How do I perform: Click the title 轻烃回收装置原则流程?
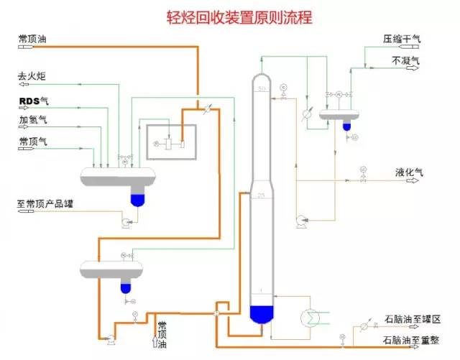pos(230,16)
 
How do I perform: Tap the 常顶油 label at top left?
pos(34,39)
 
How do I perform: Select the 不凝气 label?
pos(405,61)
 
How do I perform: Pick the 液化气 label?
pos(410,172)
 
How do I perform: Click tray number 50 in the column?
pos(262,88)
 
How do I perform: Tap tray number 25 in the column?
pos(262,196)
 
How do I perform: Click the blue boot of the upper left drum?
pos(137,194)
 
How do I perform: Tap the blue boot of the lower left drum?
pos(126,287)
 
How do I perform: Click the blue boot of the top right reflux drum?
pos(346,126)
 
